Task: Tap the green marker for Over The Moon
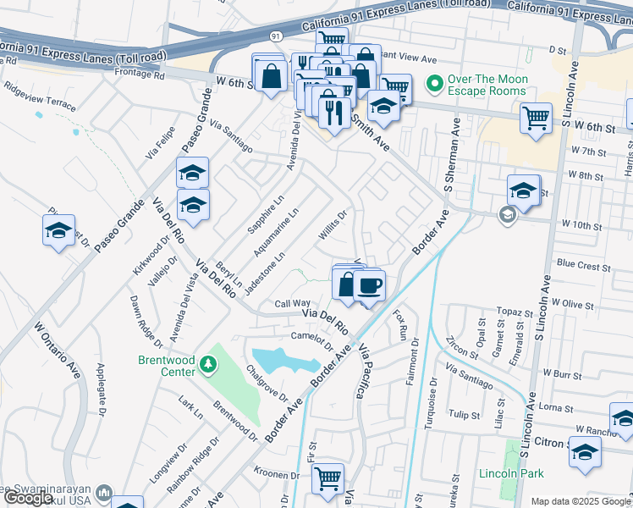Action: [x=435, y=85]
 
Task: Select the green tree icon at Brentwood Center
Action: [x=208, y=365]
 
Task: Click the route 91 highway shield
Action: [x=276, y=36]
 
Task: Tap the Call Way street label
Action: [x=293, y=303]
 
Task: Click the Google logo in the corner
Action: [x=28, y=499]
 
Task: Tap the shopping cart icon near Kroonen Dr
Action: [x=328, y=478]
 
